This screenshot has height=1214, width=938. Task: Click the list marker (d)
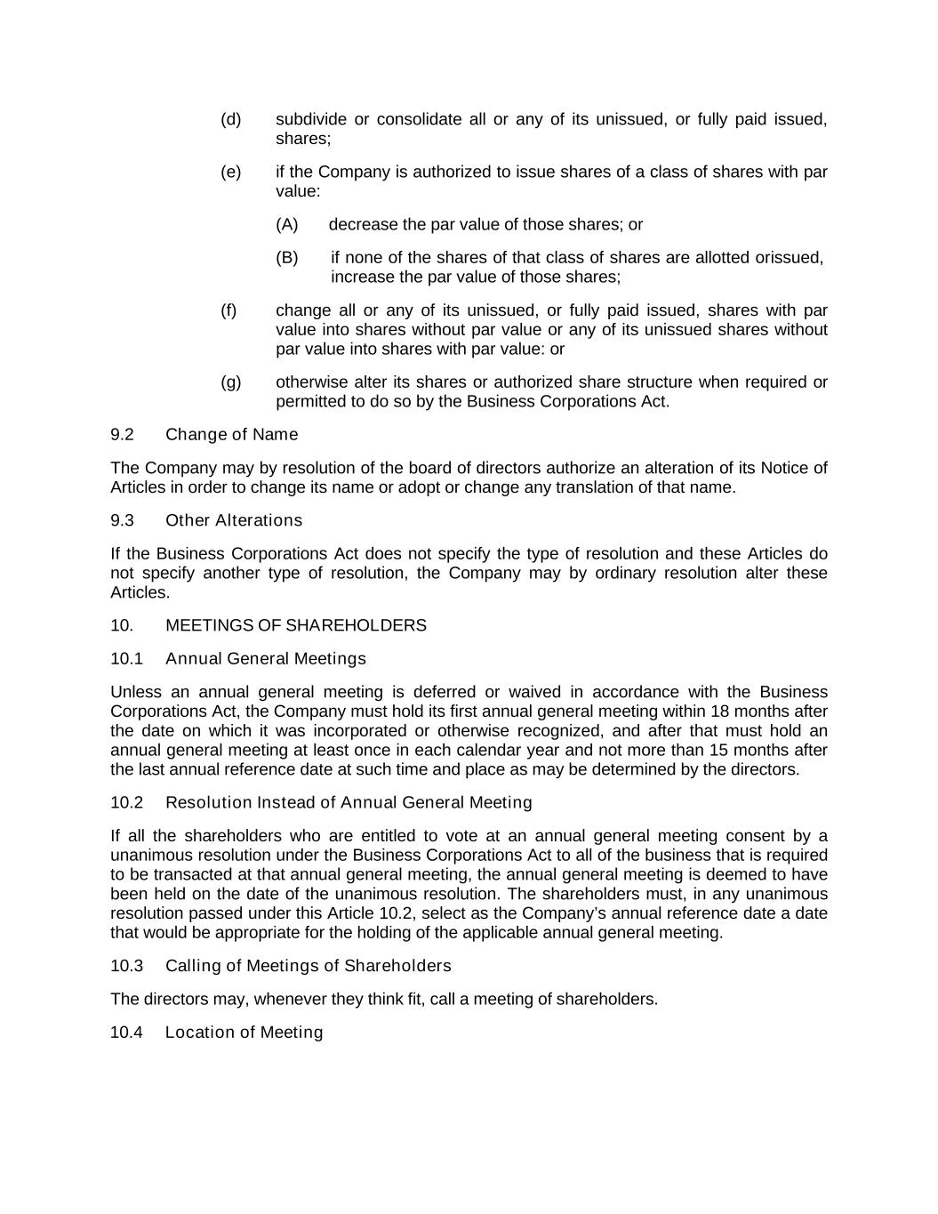point(230,119)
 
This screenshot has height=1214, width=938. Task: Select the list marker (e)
point(230,172)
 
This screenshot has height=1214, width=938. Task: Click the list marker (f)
point(228,310)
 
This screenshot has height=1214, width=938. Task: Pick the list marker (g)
point(230,382)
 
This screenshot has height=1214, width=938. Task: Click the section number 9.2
point(122,435)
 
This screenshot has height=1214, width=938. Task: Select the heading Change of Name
point(231,435)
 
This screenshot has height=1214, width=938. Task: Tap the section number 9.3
point(122,521)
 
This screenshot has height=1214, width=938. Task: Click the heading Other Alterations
point(234,521)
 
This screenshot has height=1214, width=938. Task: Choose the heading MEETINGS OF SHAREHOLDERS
point(296,626)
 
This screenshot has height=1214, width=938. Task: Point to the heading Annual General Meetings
point(266,659)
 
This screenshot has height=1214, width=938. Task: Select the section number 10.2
point(126,803)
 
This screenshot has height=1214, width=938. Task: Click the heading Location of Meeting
point(244,1033)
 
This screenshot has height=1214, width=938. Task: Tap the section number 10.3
point(126,967)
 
